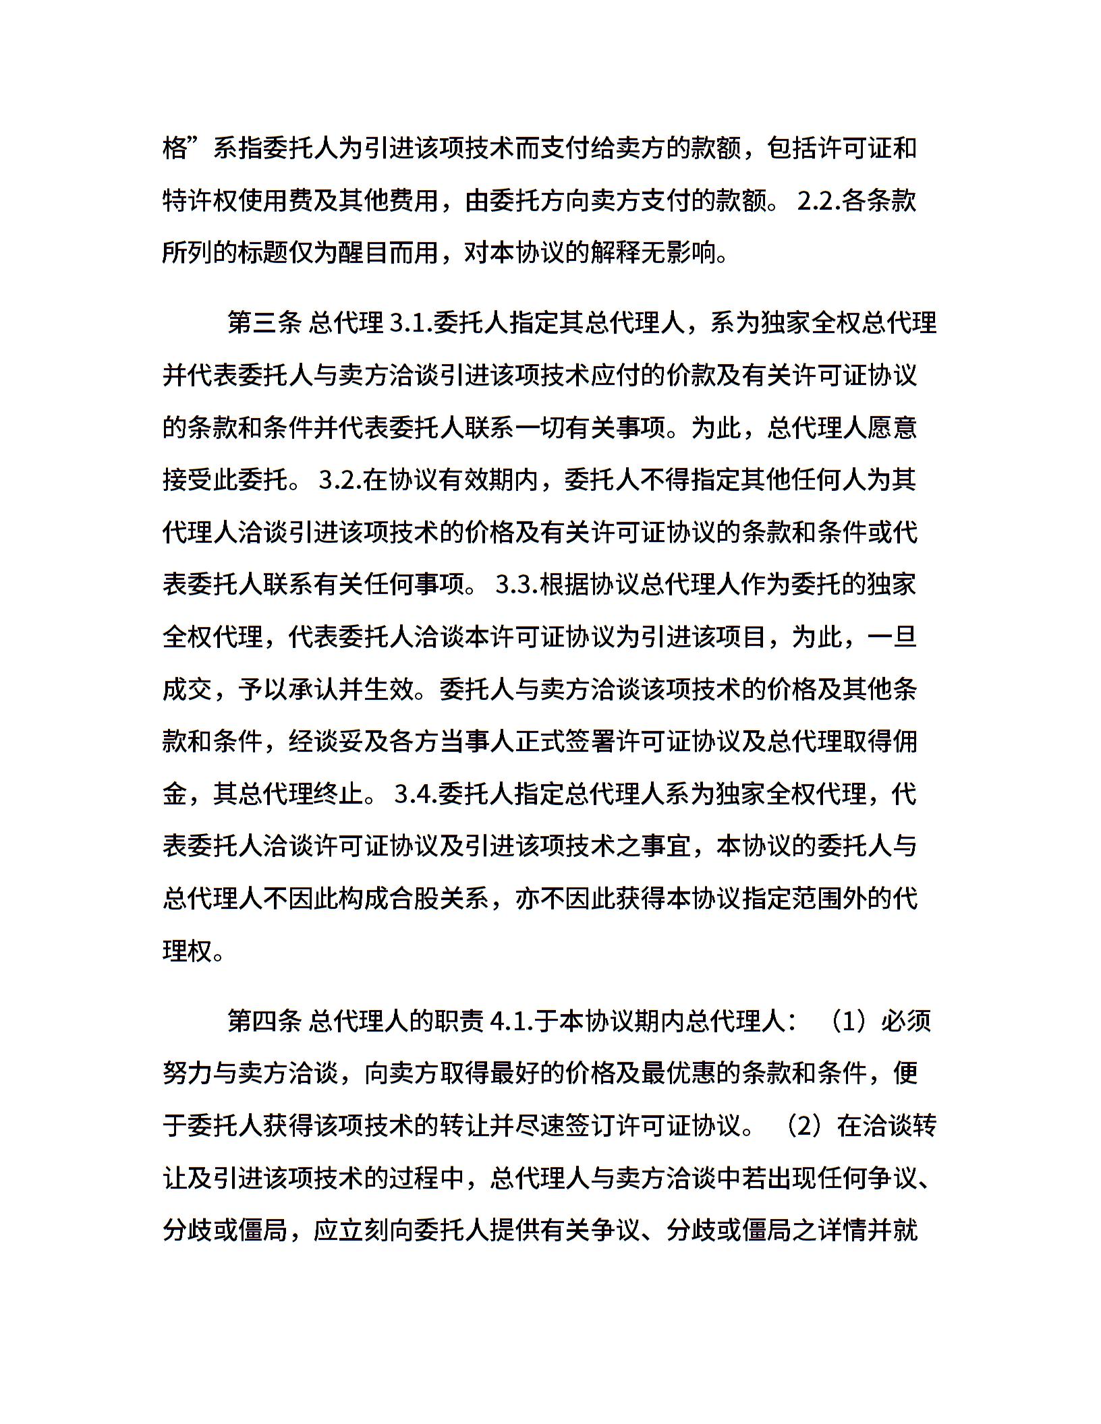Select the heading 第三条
pos(264,323)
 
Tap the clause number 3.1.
pos(412,323)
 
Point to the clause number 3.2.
pos(341,480)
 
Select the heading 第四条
pos(264,1021)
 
